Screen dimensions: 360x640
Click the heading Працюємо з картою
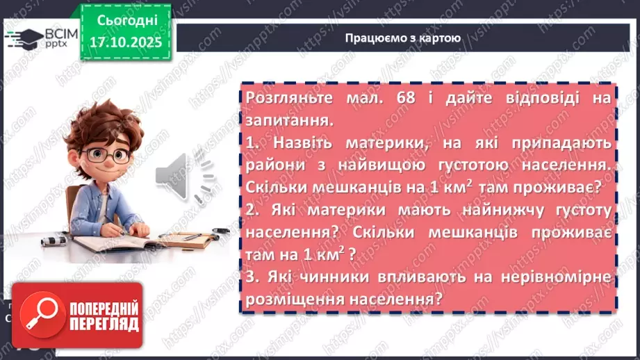(x=402, y=38)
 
